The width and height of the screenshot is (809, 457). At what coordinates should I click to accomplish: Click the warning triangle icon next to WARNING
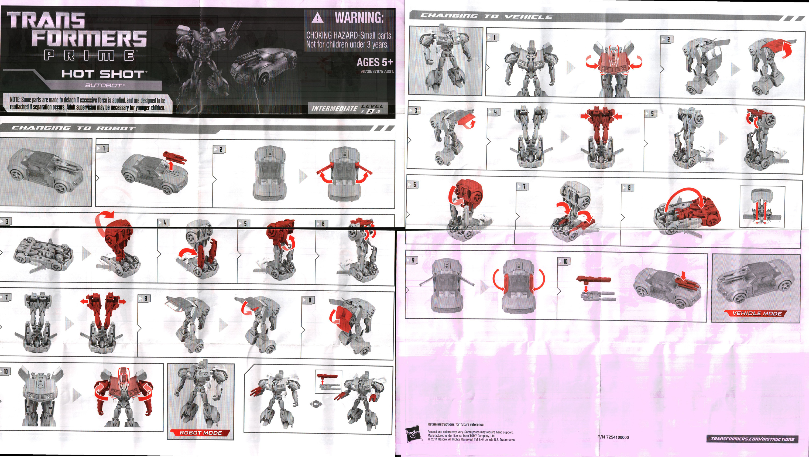(x=317, y=18)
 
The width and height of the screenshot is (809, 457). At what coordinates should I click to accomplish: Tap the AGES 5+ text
(x=374, y=62)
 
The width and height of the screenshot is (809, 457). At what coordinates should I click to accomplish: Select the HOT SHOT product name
(x=104, y=74)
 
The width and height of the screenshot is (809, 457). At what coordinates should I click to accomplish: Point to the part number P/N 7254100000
(x=613, y=437)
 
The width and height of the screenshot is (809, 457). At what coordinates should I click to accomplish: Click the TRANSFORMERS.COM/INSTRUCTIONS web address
(x=752, y=439)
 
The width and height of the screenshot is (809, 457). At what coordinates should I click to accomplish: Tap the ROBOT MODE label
(x=201, y=433)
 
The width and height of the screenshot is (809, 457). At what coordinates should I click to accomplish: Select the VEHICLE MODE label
(x=757, y=313)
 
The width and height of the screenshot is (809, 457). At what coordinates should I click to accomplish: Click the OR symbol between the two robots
(x=316, y=404)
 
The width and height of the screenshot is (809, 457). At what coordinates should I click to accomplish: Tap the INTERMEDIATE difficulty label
(x=334, y=109)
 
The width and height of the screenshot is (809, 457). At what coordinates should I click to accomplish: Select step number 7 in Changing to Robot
(x=6, y=297)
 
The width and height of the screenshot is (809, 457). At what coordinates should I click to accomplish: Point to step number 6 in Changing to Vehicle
(x=414, y=185)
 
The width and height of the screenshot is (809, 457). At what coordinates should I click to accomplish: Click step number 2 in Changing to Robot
(x=221, y=149)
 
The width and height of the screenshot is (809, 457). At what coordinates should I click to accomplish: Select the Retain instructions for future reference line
(x=456, y=424)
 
